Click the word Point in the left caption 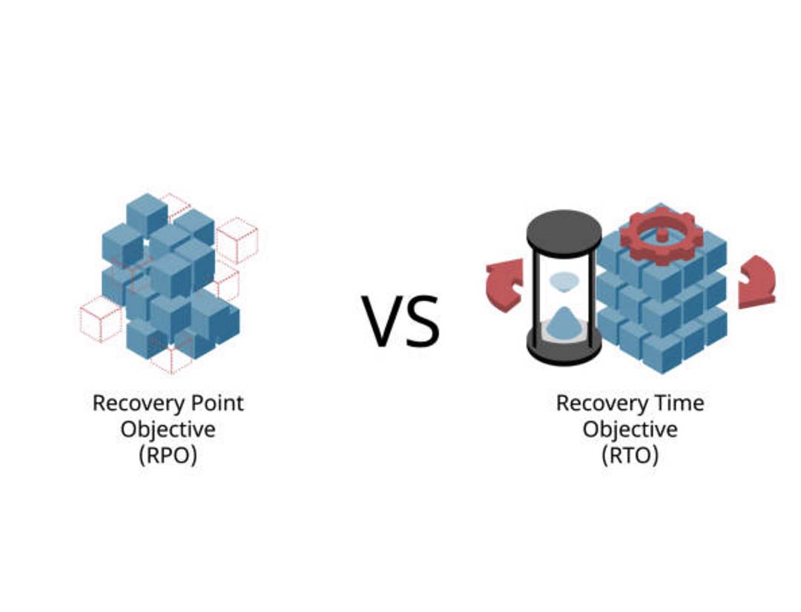pyautogui.click(x=217, y=403)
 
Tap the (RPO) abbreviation pyautogui.click(x=168, y=455)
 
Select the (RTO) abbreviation pyautogui.click(x=630, y=455)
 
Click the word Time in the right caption pyautogui.click(x=680, y=403)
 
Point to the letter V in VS pyautogui.click(x=380, y=321)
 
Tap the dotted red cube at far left pyautogui.click(x=101, y=319)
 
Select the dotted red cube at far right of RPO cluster pyautogui.click(x=237, y=240)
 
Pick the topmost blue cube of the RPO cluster pyautogui.click(x=147, y=214)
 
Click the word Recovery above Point pyautogui.click(x=139, y=403)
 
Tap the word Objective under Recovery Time pyautogui.click(x=630, y=429)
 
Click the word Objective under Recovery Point pyautogui.click(x=168, y=429)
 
